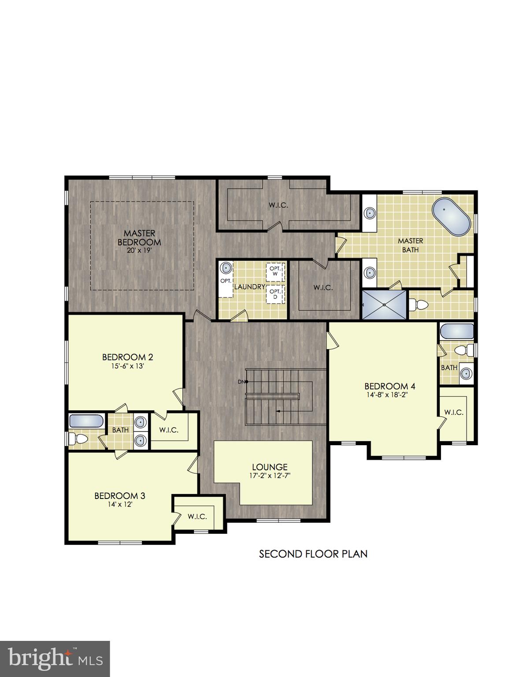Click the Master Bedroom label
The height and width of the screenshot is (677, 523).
139,238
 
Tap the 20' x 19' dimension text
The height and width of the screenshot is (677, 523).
139,250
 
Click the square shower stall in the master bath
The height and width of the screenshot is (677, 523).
383,304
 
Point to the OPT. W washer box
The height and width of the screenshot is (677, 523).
275,271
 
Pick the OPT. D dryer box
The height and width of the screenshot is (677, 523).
275,294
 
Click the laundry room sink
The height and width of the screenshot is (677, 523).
226,268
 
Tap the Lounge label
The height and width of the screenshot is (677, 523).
270,467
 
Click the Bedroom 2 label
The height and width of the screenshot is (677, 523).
127,357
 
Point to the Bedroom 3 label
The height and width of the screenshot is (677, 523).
119,496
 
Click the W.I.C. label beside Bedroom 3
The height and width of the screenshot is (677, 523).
197,517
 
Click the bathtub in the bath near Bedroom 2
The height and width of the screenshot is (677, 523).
86,421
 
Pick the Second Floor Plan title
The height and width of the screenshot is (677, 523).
313,554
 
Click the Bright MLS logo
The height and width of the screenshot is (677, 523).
55,658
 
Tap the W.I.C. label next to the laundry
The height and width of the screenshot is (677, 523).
323,288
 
